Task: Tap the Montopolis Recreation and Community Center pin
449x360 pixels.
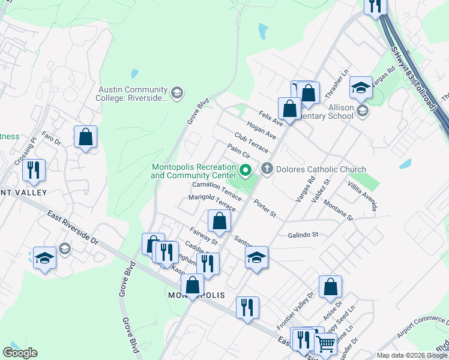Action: point(245,172)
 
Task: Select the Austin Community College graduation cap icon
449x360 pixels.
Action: point(176,92)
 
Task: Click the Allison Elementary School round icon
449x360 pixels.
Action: point(362,110)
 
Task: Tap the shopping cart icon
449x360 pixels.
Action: point(325,344)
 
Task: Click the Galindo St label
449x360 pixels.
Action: point(302,235)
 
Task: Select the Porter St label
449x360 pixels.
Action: point(264,209)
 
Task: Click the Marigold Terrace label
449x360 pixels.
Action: point(212,202)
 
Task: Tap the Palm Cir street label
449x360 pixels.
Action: point(238,151)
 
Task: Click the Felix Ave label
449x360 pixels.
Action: point(271,116)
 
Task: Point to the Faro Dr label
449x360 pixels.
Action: point(52,138)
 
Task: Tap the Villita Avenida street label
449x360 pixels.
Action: point(364,197)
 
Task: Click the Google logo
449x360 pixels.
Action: point(20,353)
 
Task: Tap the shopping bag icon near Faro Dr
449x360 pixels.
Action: point(86,137)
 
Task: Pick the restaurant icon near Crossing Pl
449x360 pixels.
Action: point(34,170)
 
